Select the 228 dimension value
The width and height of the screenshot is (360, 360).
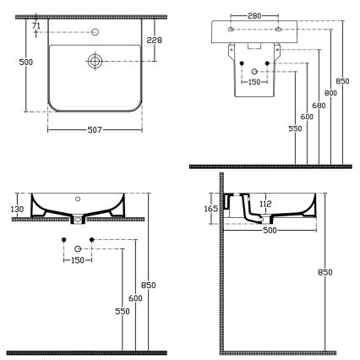[155, 40]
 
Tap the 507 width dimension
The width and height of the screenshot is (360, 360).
[95, 131]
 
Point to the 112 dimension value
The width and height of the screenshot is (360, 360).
[265, 203]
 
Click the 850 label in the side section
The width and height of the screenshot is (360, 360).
[325, 272]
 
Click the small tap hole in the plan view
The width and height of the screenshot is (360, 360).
[95, 34]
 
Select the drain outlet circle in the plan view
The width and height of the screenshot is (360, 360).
[95, 61]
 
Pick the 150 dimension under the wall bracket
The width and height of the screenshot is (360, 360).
[254, 83]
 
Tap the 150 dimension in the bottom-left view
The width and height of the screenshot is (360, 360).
[78, 259]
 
